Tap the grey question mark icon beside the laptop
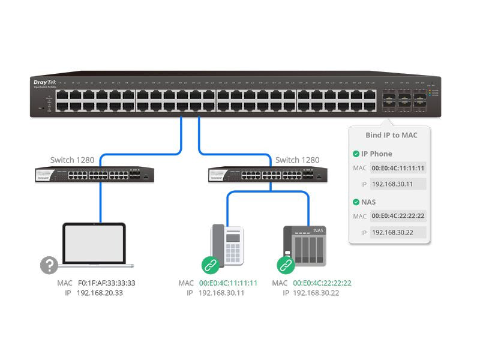click(49, 265)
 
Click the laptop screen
click(94, 243)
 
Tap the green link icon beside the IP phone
click(209, 265)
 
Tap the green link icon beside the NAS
click(284, 265)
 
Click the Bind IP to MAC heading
click(391, 135)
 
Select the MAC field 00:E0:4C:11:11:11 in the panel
click(398, 168)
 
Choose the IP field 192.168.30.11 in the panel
click(398, 184)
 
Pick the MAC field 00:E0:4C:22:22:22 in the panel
click(398, 216)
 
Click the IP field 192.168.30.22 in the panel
click(398, 232)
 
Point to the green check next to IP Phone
click(356, 154)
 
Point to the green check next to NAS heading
click(356, 202)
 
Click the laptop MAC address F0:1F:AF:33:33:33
click(106, 283)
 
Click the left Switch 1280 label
click(72, 160)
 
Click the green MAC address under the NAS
click(322, 283)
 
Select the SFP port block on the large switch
click(403, 100)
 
